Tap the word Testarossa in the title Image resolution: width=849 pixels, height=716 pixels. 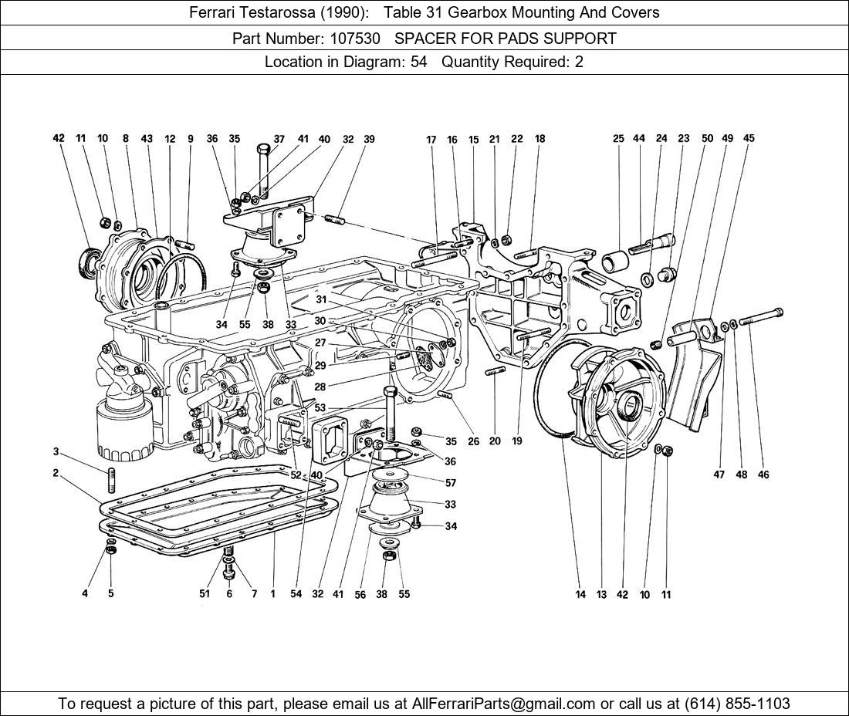276,12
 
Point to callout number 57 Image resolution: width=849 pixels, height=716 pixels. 451,483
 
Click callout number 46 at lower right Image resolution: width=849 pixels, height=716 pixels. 763,475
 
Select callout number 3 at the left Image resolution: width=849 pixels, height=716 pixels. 56,451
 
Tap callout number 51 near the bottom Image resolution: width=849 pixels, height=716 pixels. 205,594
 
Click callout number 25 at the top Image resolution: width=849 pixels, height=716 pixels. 618,139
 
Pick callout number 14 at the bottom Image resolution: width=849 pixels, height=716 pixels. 580,594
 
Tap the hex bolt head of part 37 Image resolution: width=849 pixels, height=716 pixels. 262,149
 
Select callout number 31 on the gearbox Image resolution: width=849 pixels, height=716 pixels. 321,299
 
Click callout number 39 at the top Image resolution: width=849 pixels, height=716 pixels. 369,140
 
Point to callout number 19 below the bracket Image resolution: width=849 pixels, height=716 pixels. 516,441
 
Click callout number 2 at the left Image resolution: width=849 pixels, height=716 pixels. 56,473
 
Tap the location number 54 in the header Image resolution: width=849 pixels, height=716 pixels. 418,62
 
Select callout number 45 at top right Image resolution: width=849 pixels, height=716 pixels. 749,139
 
